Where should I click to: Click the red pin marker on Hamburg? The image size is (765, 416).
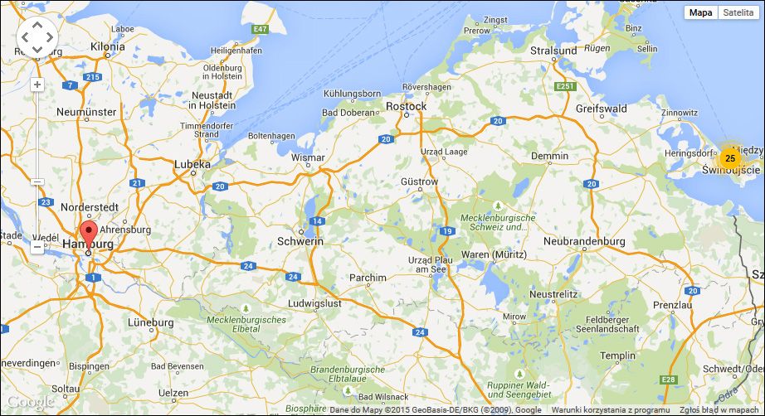click(88, 232)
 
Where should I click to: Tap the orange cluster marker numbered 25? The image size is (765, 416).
click(729, 157)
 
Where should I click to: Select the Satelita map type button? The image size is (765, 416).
click(738, 12)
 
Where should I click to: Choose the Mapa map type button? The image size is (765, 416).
click(700, 12)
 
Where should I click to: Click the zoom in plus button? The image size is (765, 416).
click(37, 85)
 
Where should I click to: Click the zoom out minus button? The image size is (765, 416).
click(37, 247)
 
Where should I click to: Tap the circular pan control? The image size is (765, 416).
click(37, 37)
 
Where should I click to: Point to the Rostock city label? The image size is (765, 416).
click(407, 106)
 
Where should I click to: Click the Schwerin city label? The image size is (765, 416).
click(300, 241)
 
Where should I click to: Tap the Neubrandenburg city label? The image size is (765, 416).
click(583, 241)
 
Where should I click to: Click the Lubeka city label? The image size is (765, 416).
click(192, 165)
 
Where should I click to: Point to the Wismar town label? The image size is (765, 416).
click(308, 157)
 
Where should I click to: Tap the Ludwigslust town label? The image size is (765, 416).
click(314, 303)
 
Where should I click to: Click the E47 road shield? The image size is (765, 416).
click(261, 29)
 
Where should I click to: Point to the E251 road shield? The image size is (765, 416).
click(566, 85)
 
